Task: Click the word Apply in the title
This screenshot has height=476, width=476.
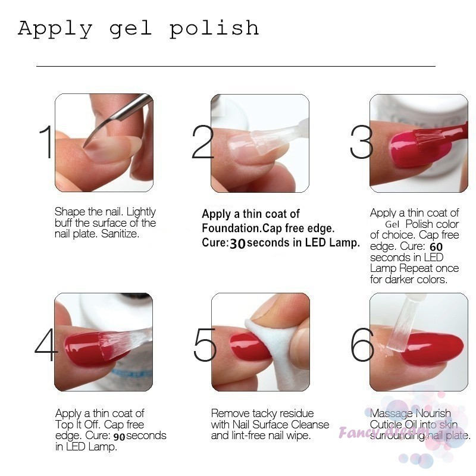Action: (55, 29)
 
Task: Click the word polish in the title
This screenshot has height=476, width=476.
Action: (214, 29)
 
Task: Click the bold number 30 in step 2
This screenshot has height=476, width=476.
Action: (237, 243)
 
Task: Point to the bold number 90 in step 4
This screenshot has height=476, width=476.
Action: (119, 436)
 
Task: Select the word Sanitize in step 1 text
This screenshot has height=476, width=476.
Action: (120, 234)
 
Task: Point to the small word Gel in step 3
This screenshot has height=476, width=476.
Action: (392, 224)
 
